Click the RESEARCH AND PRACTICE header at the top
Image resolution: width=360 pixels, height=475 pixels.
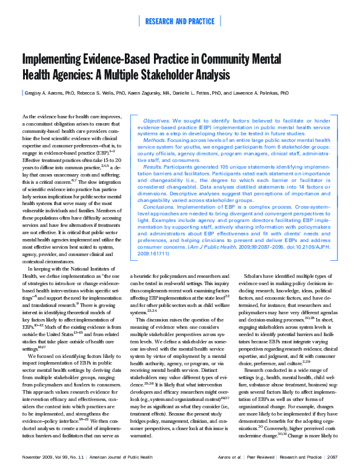(180, 21)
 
